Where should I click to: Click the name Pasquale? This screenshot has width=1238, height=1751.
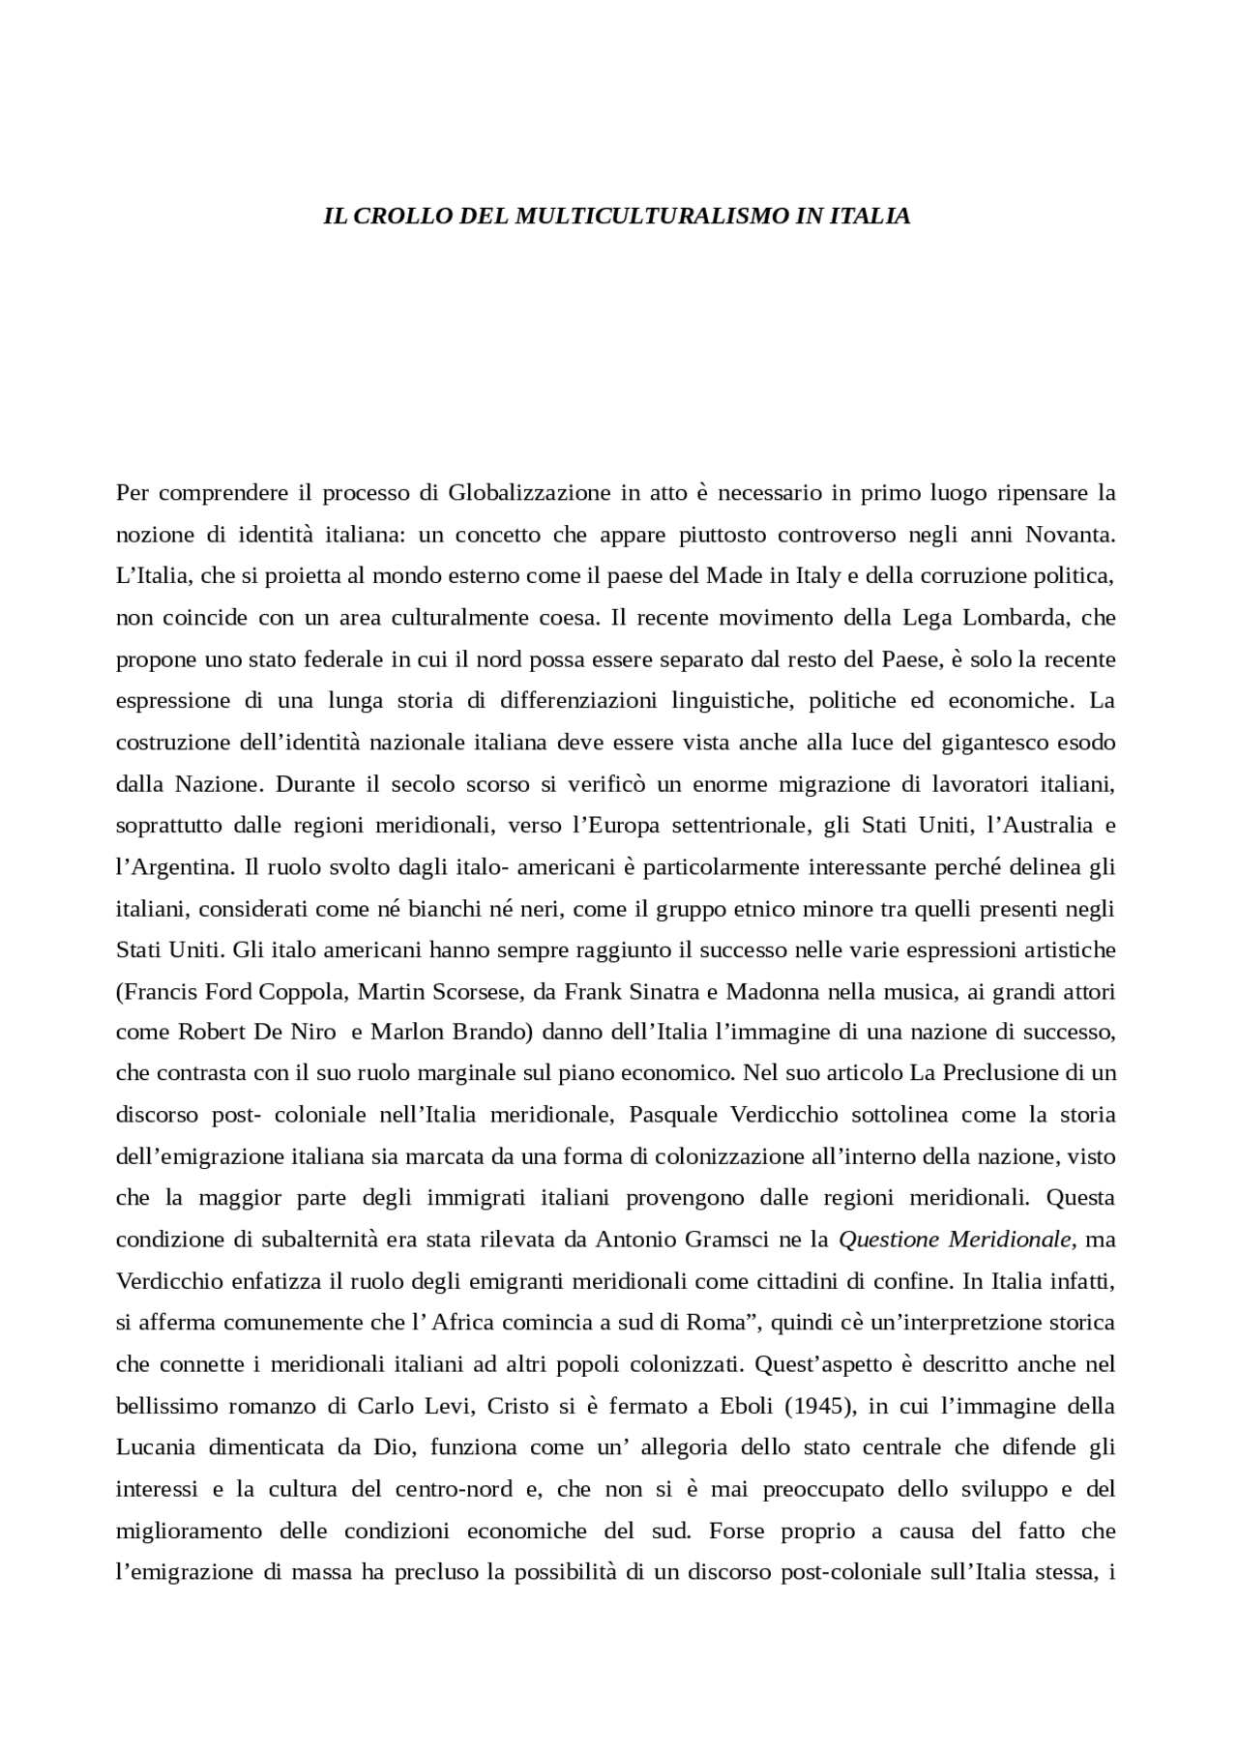[x=673, y=1116]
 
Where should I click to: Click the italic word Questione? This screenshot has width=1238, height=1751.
[x=889, y=1240]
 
